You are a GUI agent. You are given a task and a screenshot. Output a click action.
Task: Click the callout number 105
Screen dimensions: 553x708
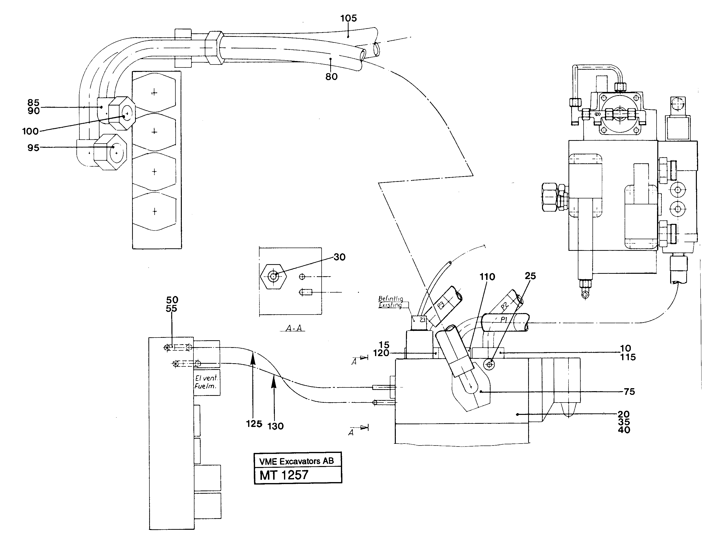click(349, 19)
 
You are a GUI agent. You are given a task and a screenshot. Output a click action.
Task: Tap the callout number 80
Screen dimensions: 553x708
click(331, 77)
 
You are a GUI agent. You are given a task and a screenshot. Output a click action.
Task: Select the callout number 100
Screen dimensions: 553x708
click(30, 131)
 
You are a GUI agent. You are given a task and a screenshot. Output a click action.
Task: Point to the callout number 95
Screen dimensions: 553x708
click(33, 148)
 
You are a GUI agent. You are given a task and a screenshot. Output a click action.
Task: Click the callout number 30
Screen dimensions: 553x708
click(339, 257)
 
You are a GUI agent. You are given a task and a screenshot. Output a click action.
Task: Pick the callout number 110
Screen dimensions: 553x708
click(487, 277)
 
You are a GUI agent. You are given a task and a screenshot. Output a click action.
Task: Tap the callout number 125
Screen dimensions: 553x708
click(254, 424)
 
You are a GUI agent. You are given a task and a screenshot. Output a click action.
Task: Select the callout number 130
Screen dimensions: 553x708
click(276, 426)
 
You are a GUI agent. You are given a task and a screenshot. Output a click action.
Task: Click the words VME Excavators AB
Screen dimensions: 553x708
click(296, 461)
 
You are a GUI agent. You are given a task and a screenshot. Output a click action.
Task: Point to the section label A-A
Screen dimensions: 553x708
click(294, 328)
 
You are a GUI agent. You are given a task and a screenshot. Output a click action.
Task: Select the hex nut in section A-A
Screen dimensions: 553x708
click(274, 276)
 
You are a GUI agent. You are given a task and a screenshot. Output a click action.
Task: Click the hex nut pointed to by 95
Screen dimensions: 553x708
click(110, 152)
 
